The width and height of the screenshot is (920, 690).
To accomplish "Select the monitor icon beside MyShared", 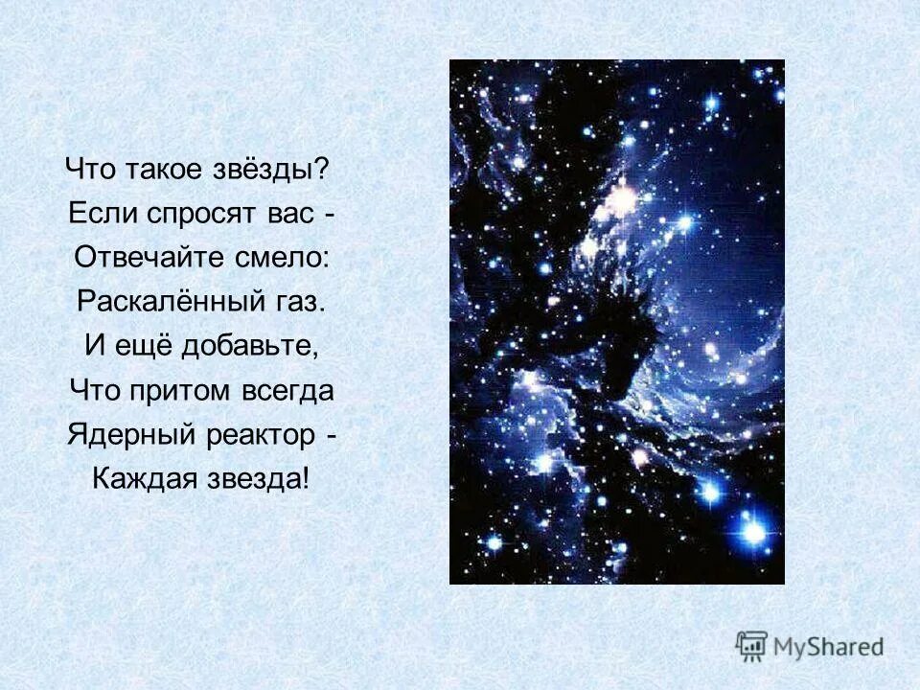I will [x=751, y=645].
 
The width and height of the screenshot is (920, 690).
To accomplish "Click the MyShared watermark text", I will [x=828, y=646].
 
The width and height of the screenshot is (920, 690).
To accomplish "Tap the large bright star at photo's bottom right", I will [x=755, y=530].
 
